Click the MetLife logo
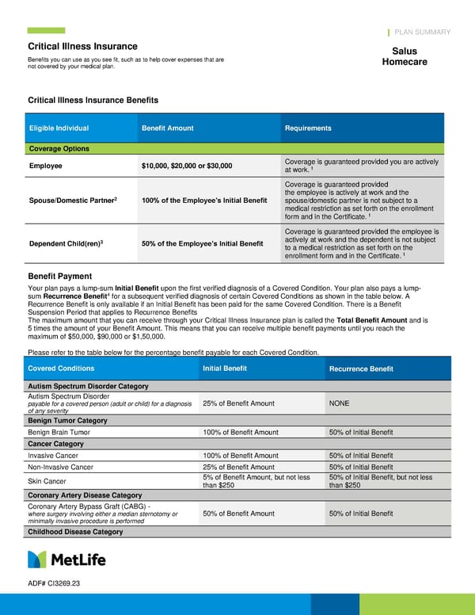[66, 560]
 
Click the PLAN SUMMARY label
[422, 32]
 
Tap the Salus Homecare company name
[404, 57]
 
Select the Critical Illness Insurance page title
[82, 47]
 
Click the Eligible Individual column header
[59, 128]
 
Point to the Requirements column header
[308, 128]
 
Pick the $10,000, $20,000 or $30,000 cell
[187, 166]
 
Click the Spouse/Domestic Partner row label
[73, 200]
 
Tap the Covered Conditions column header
[61, 369]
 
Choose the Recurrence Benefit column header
[360, 369]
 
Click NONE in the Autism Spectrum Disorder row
[338, 403]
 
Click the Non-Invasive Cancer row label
[60, 468]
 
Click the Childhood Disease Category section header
[75, 532]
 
